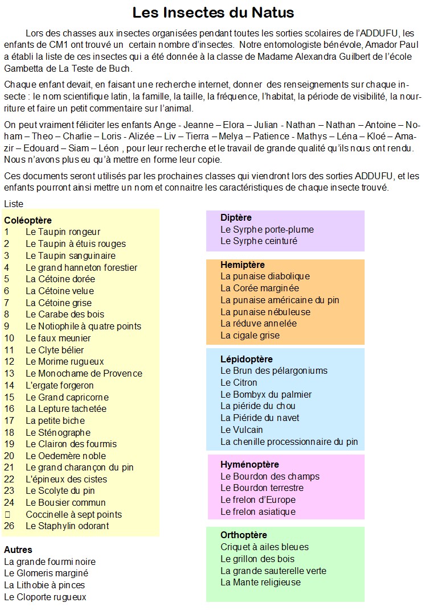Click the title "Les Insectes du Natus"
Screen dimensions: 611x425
pyautogui.click(x=213, y=13)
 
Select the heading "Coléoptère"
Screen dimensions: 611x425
pyautogui.click(x=28, y=220)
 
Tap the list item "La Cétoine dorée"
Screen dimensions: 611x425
pyautogui.click(x=60, y=279)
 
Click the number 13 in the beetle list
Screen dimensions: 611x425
pyautogui.click(x=9, y=373)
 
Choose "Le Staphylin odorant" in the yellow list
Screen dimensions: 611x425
pyautogui.click(x=67, y=526)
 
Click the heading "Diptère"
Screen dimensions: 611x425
pyautogui.click(x=236, y=217)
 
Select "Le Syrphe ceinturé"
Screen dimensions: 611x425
pyautogui.click(x=259, y=241)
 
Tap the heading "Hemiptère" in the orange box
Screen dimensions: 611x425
pyautogui.click(x=243, y=265)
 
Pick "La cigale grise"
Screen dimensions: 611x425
pyautogui.click(x=250, y=335)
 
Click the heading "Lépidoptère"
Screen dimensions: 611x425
pyautogui.click(x=247, y=359)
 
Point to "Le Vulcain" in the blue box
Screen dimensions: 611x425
pyautogui.click(x=242, y=430)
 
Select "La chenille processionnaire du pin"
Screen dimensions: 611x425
pyautogui.click(x=289, y=441)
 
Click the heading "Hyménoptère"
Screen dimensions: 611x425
pyautogui.click(x=250, y=464)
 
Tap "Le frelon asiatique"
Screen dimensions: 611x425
pyautogui.click(x=258, y=511)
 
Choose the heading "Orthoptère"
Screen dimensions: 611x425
pyautogui.click(x=244, y=535)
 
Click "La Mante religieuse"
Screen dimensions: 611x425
pyautogui.click(x=260, y=582)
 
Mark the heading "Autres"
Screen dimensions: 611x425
pyautogui.click(x=18, y=550)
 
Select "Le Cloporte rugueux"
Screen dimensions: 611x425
pyautogui.click(x=45, y=597)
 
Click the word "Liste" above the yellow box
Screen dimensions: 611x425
pyautogui.click(x=14, y=204)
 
